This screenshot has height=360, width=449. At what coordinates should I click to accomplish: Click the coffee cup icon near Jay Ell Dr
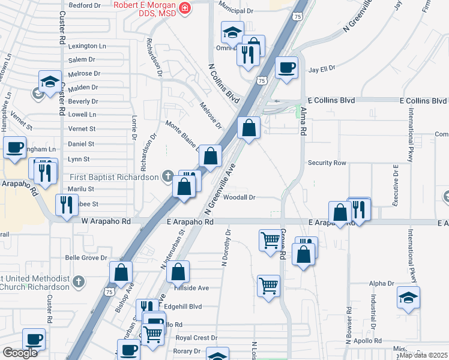286,67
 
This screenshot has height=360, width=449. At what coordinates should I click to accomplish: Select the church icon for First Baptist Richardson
169,176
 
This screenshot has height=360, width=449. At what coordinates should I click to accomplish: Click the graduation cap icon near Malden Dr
50,82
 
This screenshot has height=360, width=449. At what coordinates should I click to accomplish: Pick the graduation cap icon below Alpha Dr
408,298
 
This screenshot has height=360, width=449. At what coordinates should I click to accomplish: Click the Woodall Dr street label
240,197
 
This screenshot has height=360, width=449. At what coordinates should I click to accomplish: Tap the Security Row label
327,163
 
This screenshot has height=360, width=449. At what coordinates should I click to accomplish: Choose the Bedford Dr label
85,5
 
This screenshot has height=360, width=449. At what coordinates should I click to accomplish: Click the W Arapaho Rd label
106,221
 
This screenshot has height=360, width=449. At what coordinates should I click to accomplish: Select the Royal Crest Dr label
192,338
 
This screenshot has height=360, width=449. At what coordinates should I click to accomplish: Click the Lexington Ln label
87,46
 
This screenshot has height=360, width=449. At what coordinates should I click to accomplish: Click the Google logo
20,353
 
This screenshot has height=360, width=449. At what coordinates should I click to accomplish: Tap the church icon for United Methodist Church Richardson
78,280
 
